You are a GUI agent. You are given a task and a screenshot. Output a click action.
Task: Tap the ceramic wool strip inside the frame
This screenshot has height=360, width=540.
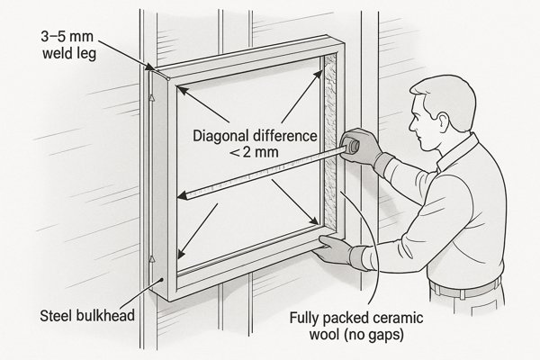pyautogui.click(x=332, y=135)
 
